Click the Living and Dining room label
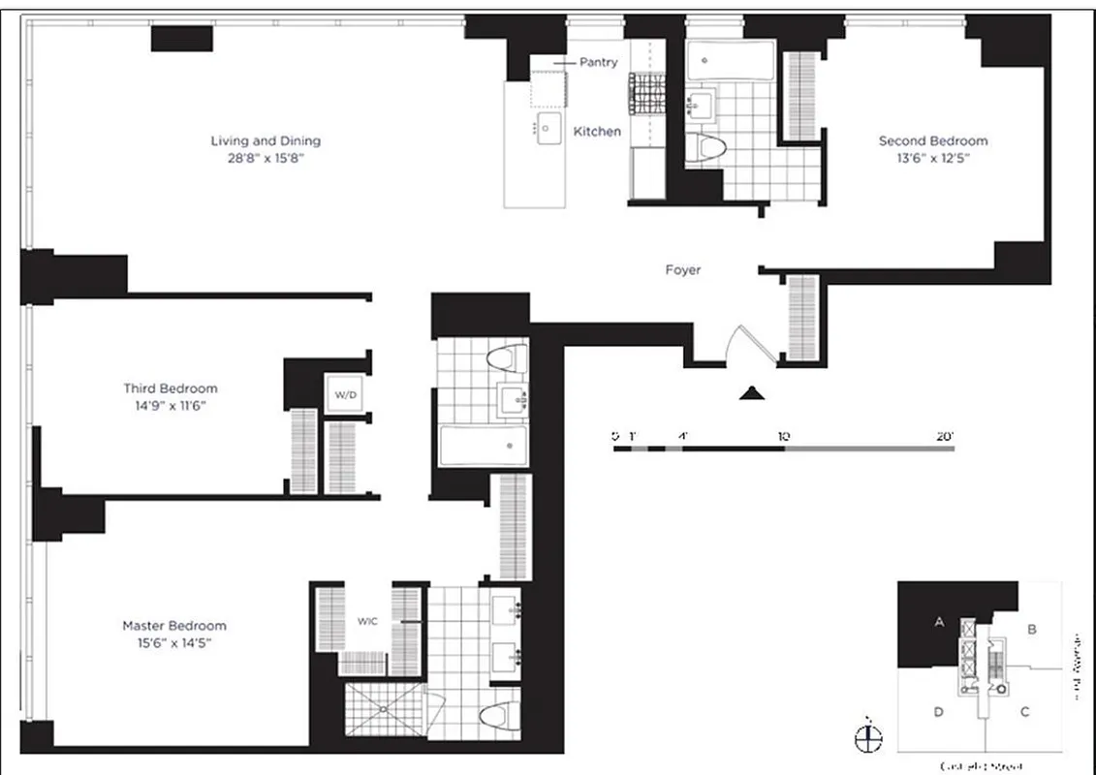click(266, 140)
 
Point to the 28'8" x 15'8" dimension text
click(266, 158)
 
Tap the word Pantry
click(598, 62)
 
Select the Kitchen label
click(597, 131)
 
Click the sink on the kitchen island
click(549, 127)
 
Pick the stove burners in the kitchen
click(646, 92)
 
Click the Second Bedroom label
click(932, 140)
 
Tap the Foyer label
click(682, 270)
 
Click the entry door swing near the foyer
click(747, 344)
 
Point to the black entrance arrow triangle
click(753, 392)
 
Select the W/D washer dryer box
click(345, 394)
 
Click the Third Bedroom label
click(171, 388)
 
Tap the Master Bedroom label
click(174, 625)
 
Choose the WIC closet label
click(367, 621)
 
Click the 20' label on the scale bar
click(945, 437)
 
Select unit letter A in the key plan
click(938, 623)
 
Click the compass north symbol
click(869, 738)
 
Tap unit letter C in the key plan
click(1024, 712)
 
